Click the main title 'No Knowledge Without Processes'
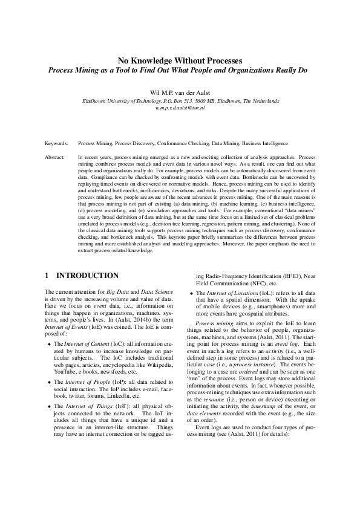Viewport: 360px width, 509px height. coord(180,60)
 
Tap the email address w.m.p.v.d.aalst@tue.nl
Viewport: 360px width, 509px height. coord(180,107)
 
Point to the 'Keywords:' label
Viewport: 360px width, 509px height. coord(57,145)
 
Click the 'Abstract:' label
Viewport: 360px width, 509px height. coord(56,157)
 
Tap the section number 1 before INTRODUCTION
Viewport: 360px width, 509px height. coord(47,276)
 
